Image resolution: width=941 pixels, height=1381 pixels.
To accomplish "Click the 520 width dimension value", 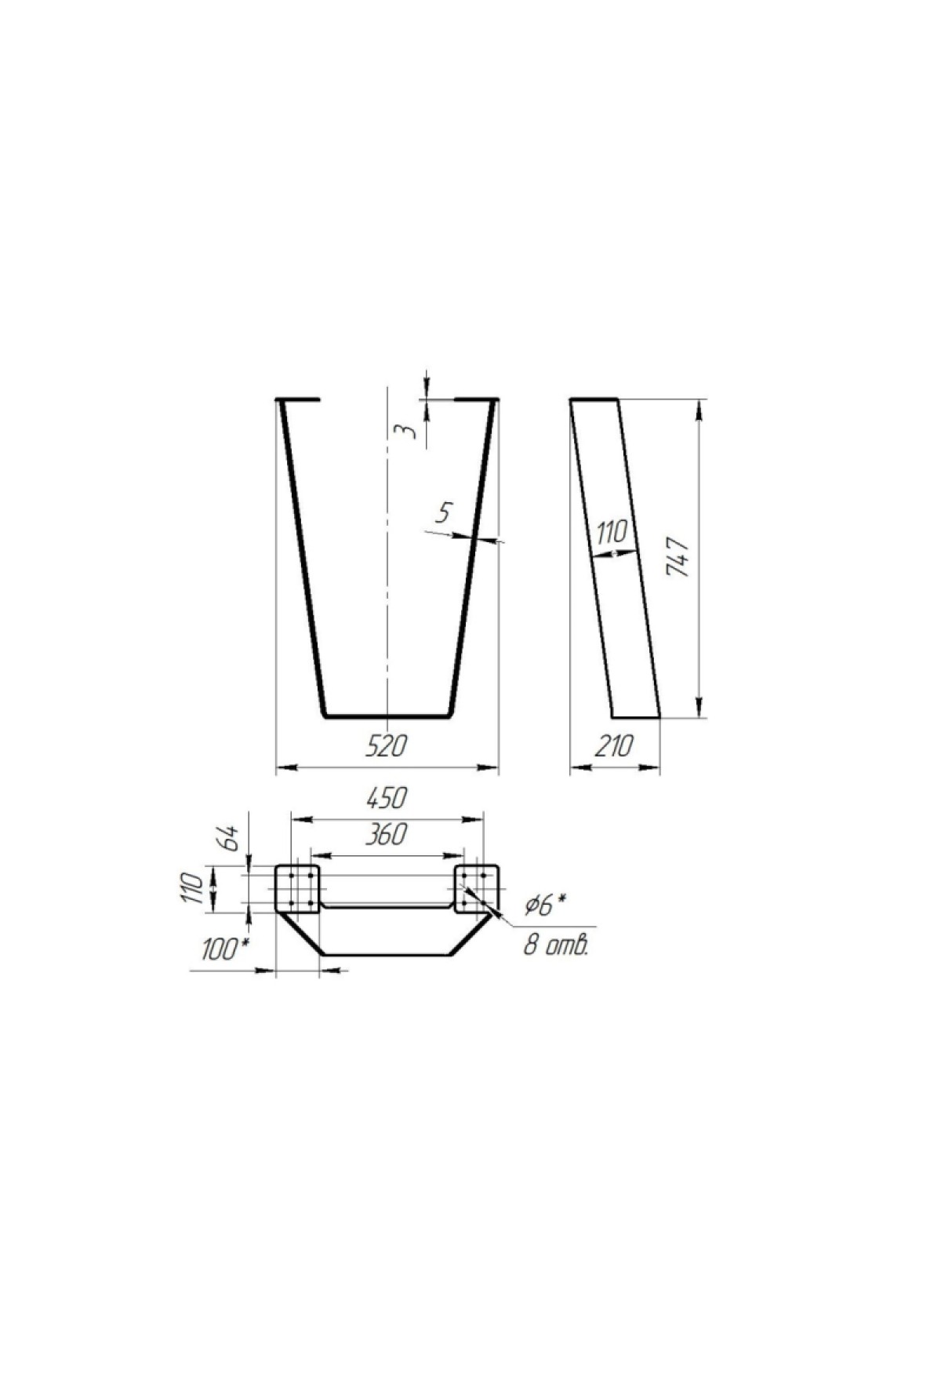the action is tap(387, 745).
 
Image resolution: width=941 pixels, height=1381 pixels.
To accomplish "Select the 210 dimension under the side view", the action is tap(612, 745).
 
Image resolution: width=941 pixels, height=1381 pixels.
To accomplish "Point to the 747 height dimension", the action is tap(677, 557).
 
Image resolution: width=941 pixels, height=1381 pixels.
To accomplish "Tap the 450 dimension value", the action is tap(387, 797).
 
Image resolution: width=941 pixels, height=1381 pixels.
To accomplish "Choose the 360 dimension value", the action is tap(387, 834).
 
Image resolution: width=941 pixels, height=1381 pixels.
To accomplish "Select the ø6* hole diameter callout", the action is tap(546, 906).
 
